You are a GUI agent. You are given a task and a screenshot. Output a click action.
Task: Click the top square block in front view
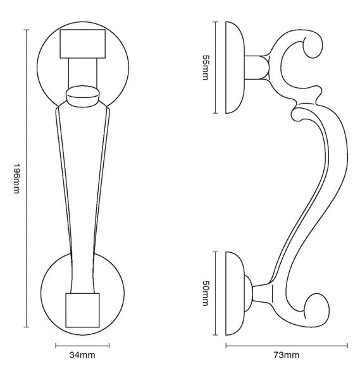point(83,44)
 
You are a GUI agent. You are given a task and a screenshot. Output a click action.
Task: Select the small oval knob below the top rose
point(84,95)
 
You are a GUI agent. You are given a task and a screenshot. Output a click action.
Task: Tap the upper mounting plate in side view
point(234,67)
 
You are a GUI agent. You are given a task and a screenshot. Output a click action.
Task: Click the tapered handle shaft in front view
point(83,190)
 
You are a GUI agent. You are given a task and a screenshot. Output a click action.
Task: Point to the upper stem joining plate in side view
point(256,66)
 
